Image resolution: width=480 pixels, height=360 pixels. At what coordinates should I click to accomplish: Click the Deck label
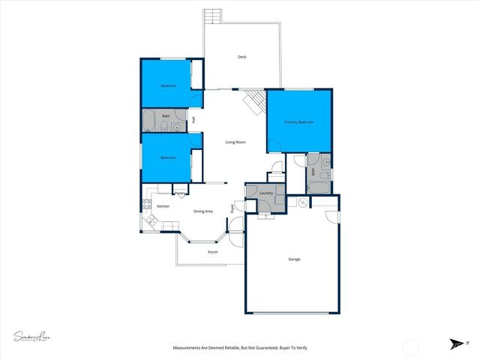coord(242,57)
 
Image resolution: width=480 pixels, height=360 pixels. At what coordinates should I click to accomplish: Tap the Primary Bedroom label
coord(298,121)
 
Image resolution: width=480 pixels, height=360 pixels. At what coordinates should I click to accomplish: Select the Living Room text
coord(236,142)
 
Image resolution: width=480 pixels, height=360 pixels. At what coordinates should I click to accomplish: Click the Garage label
coord(294,259)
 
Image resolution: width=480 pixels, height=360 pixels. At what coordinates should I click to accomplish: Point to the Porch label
coord(212,251)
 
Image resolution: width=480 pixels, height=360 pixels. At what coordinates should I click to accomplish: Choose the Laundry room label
coord(265,193)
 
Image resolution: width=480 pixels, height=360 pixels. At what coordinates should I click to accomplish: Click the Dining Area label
coord(203,211)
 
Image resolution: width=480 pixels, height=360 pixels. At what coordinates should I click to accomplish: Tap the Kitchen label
coord(163,205)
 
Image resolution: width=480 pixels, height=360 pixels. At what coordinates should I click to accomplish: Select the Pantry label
coord(180,193)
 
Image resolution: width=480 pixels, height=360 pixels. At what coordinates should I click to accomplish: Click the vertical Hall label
coord(193,120)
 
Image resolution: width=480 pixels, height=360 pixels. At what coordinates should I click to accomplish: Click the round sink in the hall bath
coord(176,127)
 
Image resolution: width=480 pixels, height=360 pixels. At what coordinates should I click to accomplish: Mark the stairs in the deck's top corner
coord(214,16)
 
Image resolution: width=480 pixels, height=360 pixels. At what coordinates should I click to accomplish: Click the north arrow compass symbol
coord(456,343)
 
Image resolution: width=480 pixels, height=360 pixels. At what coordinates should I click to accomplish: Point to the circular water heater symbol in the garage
coord(302,203)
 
